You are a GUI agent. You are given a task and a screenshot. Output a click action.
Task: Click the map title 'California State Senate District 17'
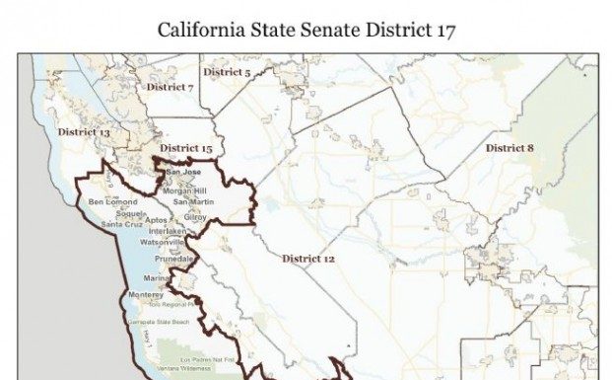pyautogui.click(x=306, y=29)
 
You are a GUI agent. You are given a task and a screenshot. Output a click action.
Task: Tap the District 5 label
pyautogui.click(x=227, y=72)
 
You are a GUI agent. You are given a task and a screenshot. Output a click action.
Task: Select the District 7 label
pyautogui.click(x=170, y=87)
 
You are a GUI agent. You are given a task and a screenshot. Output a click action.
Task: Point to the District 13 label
pyautogui.click(x=83, y=131)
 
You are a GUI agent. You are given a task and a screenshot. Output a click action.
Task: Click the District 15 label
pyautogui.click(x=186, y=148)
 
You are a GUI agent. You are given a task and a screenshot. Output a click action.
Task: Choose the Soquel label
pyautogui.click(x=130, y=212)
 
